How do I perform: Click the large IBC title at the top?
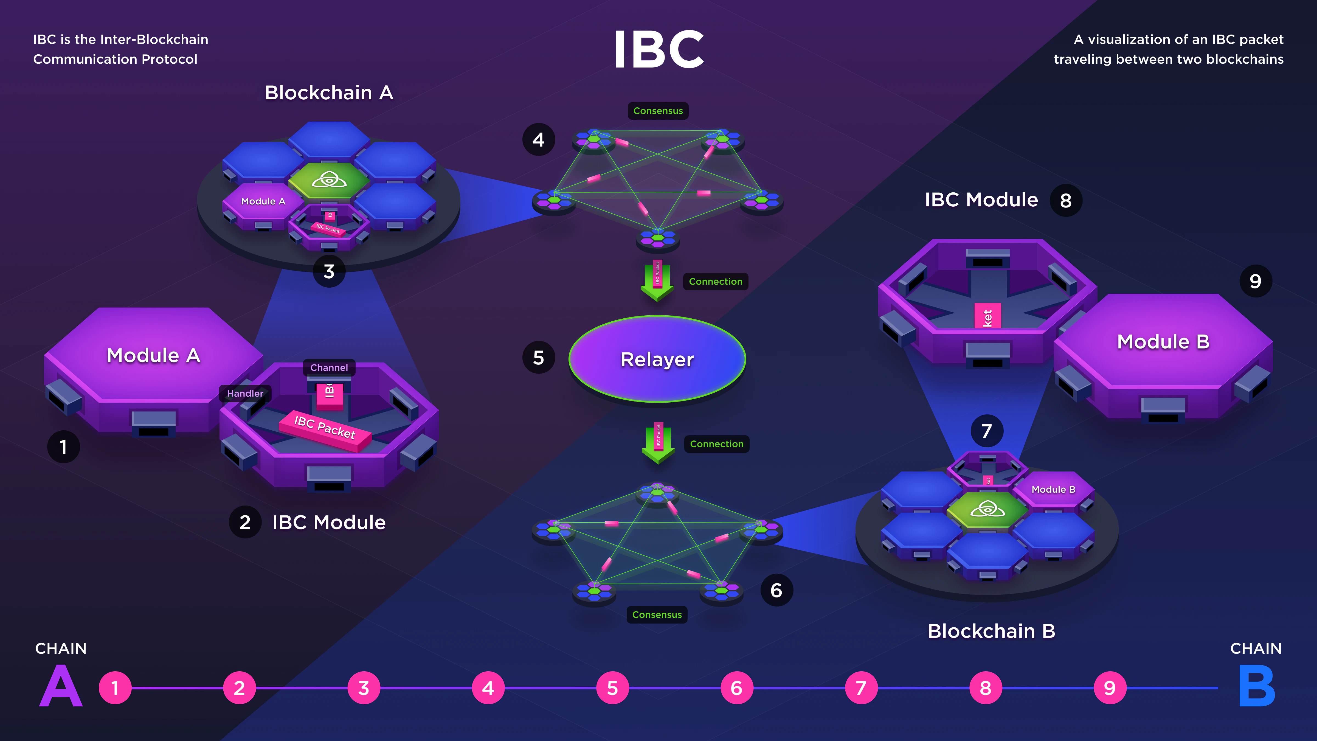658,50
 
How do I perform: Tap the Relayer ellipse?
657,359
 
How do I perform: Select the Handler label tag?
245,393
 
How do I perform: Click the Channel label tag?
329,368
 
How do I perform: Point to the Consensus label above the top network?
658,111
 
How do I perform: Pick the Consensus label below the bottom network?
657,615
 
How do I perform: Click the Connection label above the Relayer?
715,282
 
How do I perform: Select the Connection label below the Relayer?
717,444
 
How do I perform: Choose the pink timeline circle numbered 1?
115,688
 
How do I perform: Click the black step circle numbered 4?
538,140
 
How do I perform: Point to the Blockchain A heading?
329,93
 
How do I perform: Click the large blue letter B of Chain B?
1257,686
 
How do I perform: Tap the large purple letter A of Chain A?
61,686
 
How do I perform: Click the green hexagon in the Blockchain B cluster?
987,509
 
